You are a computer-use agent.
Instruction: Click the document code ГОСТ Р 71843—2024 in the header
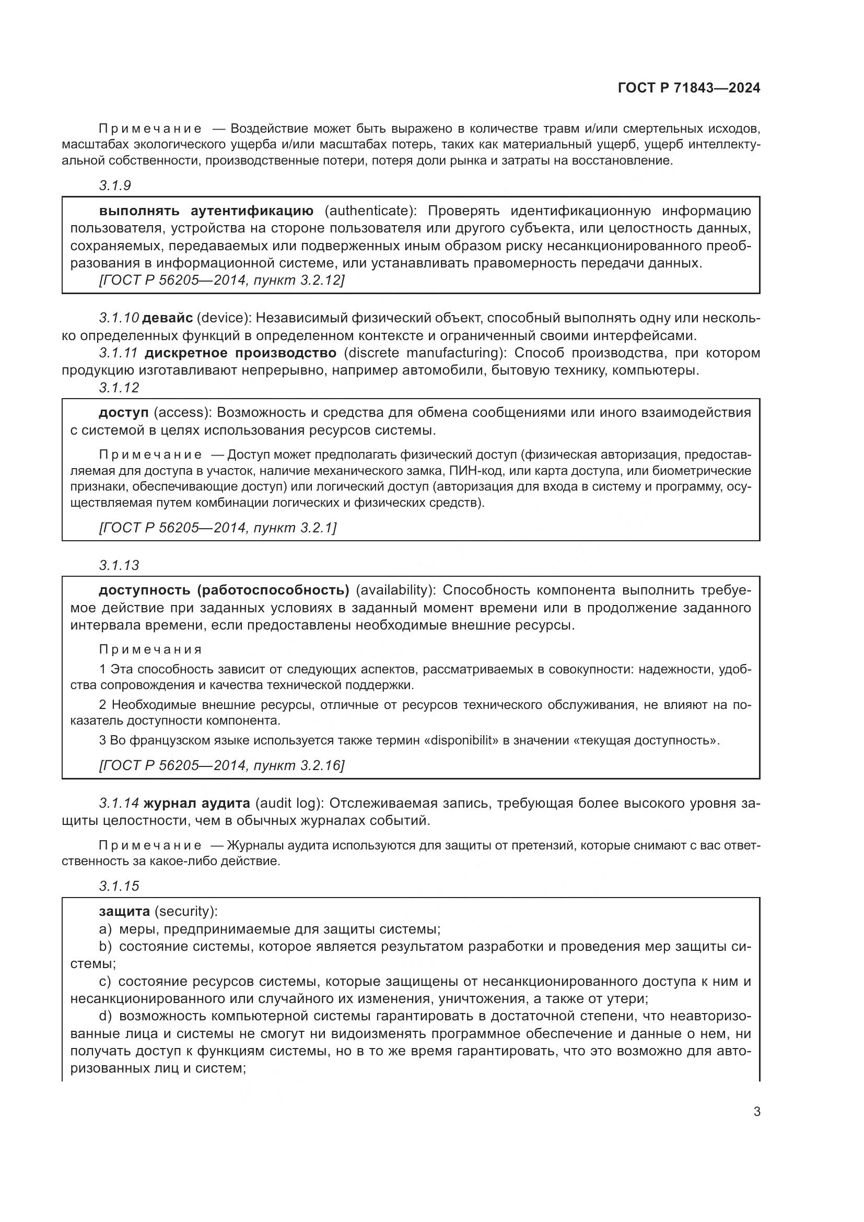(688, 88)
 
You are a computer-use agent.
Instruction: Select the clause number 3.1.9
(115, 186)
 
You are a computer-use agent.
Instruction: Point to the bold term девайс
(168, 318)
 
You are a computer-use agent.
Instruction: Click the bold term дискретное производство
(240, 353)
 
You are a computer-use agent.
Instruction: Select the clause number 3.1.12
(119, 388)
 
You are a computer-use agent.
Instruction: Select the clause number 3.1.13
(119, 565)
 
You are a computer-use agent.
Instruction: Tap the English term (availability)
(396, 590)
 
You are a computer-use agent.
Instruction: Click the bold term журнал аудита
(197, 802)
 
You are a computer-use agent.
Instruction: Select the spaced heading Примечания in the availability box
(150, 650)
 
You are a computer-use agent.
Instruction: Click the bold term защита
(124, 911)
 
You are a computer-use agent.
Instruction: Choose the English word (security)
(185, 911)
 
